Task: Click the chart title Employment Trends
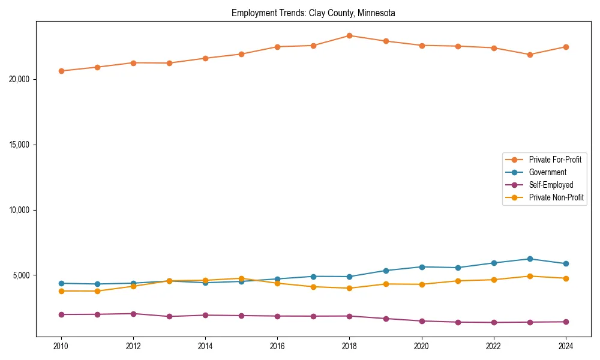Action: [313, 13]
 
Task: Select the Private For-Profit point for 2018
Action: [349, 35]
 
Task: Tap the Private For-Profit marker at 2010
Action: [61, 71]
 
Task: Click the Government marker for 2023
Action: [530, 259]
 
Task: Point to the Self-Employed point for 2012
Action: [133, 314]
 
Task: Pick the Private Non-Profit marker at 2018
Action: [349, 288]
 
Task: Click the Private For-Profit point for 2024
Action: [566, 47]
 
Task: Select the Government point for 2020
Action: [422, 267]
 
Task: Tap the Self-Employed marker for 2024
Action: [566, 322]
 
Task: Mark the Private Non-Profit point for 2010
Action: [61, 291]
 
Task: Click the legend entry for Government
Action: [547, 172]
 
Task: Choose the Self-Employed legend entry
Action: [551, 185]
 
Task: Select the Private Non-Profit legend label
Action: [556, 197]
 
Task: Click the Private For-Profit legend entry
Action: [555, 160]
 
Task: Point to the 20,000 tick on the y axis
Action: [22, 79]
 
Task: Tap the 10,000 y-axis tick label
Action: [22, 210]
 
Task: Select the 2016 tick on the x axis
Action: [277, 346]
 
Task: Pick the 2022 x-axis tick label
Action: [494, 346]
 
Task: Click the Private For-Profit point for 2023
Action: [530, 55]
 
